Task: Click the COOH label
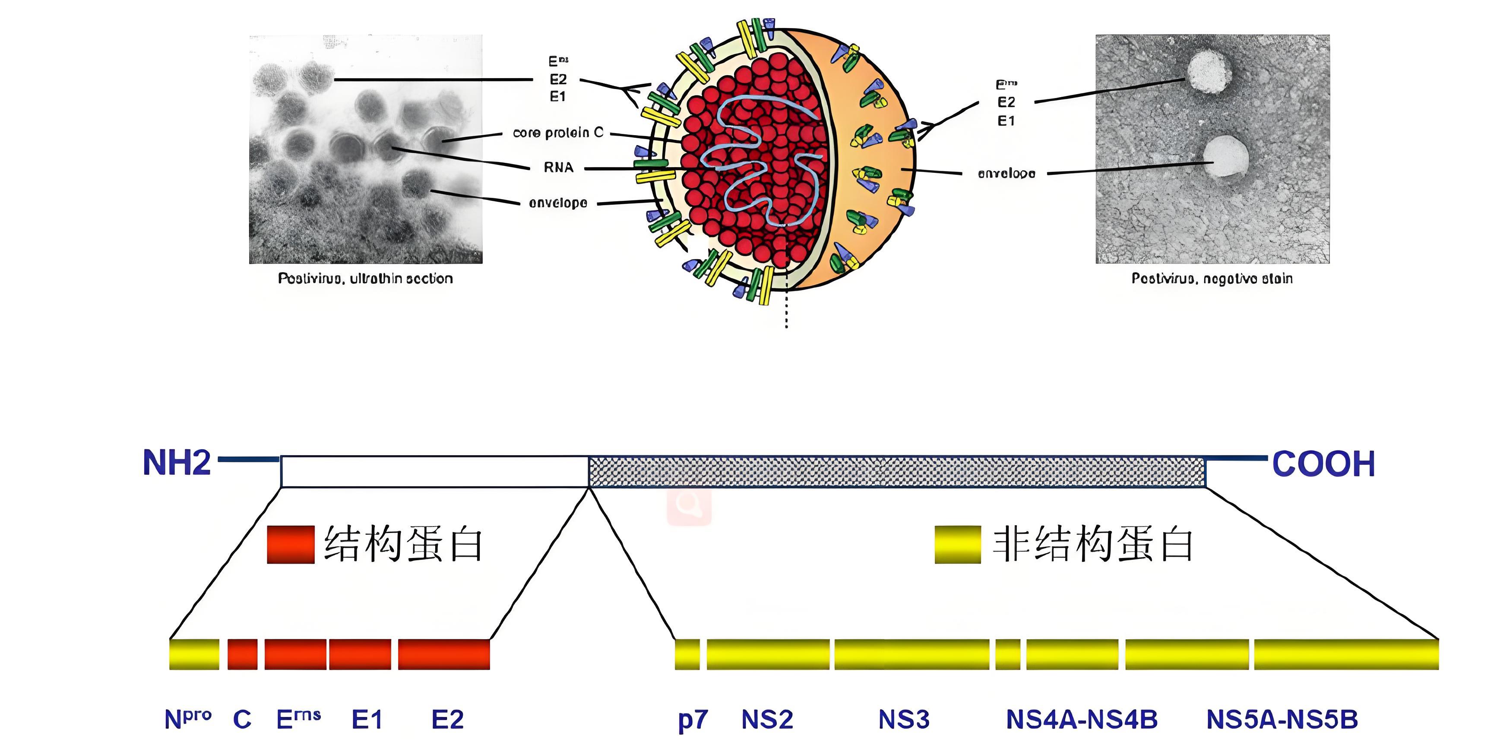coord(1323,464)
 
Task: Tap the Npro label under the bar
coord(187,720)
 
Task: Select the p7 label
coord(693,720)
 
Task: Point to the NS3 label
coord(904,720)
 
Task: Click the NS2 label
coord(767,720)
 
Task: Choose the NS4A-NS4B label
coord(1082,720)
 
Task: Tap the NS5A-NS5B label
coord(1282,720)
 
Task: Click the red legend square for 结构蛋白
coord(291,544)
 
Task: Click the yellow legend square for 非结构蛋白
coord(958,544)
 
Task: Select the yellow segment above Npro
coord(194,654)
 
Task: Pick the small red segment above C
coord(242,654)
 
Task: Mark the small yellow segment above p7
coord(687,654)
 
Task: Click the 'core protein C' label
coord(558,133)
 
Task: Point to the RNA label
coord(558,168)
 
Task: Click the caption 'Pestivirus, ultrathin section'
coord(365,279)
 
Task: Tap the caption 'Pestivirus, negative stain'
coord(1212,279)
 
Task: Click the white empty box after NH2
coord(434,472)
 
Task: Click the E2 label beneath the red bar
coord(447,720)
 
